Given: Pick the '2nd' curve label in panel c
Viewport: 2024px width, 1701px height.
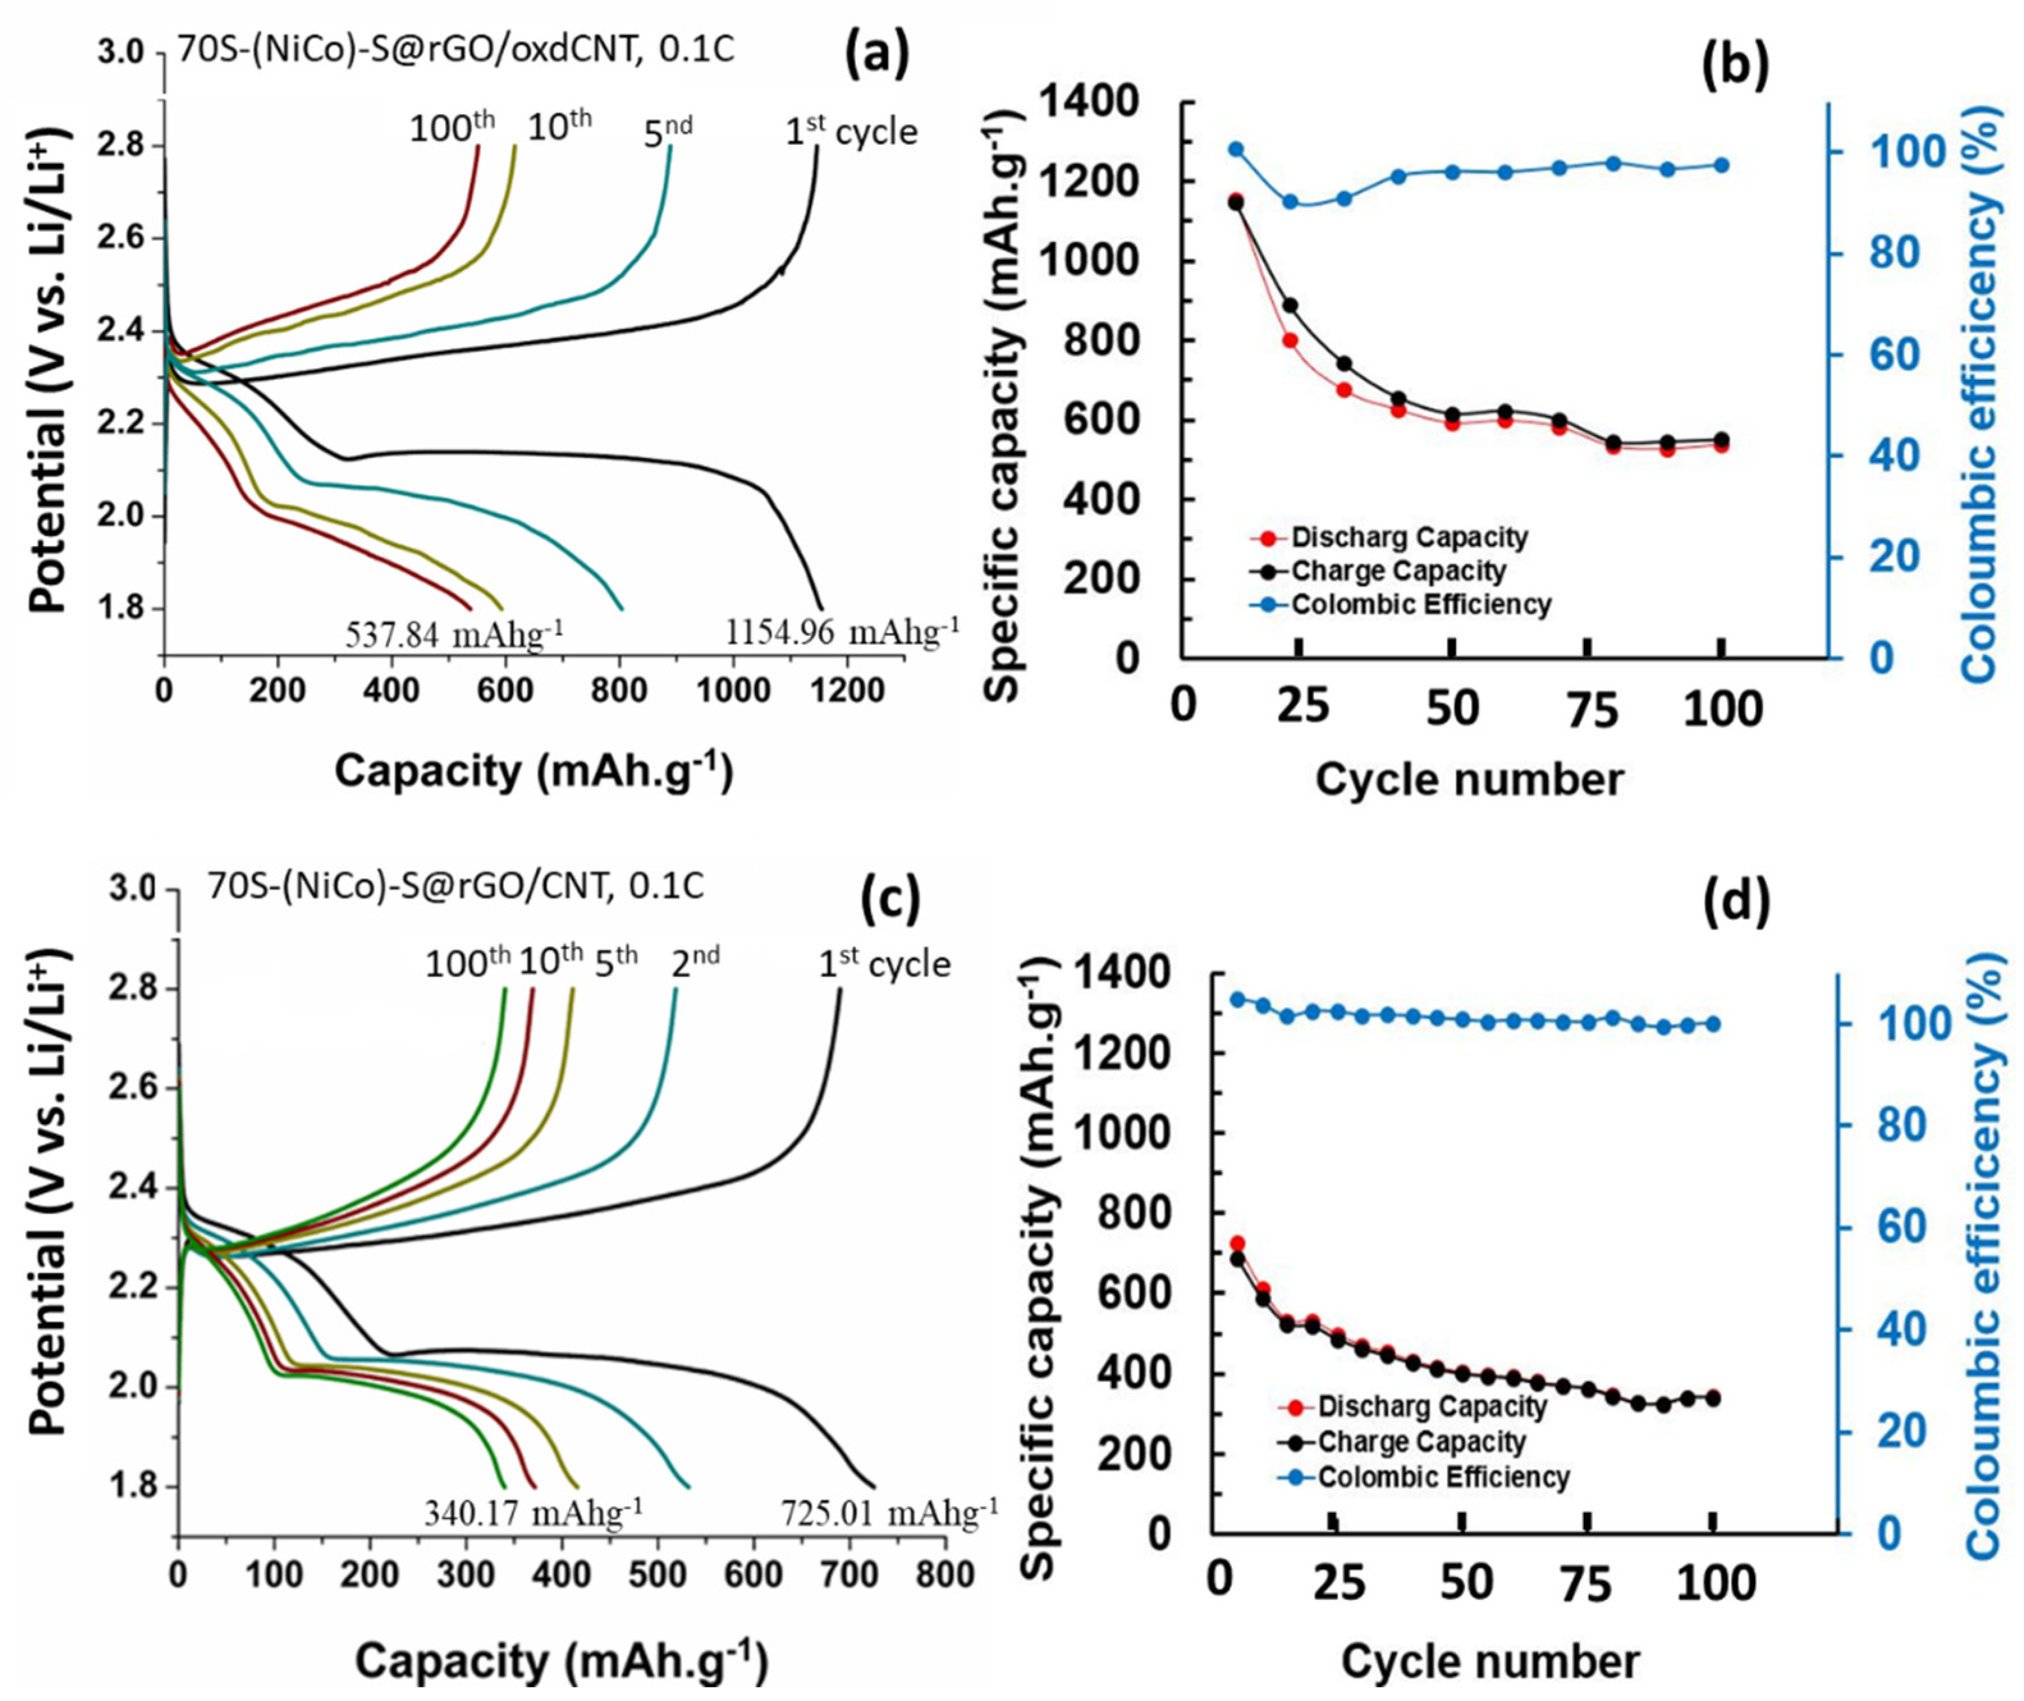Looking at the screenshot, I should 695,961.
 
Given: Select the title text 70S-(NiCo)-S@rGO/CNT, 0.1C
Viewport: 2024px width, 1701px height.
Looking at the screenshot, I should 455,886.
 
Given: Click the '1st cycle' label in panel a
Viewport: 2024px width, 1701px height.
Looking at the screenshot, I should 851,131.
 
